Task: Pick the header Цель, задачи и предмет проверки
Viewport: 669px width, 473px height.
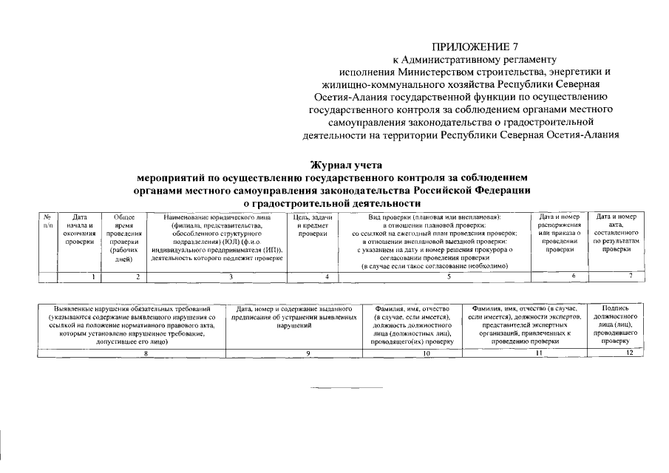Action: (313, 225)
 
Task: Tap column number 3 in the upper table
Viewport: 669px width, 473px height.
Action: (231, 276)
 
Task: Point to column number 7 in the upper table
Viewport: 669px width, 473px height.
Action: (630, 276)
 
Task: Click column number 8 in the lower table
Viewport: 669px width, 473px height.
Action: (146, 354)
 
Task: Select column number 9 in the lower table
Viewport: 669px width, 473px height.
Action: (307, 354)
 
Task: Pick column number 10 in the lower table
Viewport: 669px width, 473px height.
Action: (426, 354)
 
